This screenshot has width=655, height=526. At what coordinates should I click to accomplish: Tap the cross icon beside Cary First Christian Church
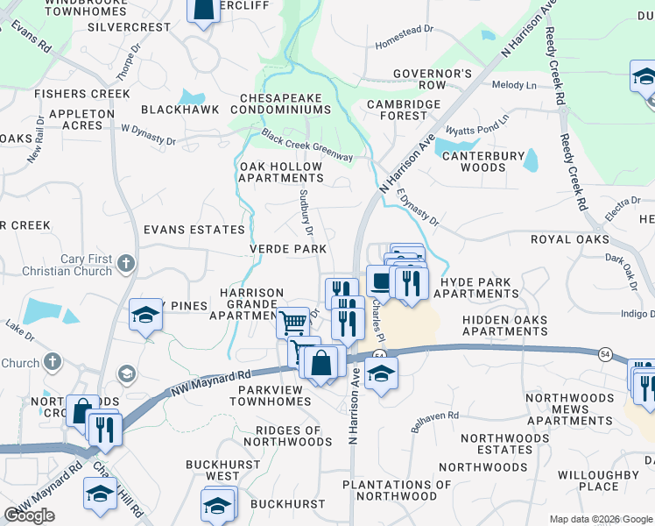click(x=127, y=262)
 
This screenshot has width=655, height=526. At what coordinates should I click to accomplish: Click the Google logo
click(x=29, y=515)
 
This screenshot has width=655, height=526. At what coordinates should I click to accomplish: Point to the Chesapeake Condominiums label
click(x=281, y=103)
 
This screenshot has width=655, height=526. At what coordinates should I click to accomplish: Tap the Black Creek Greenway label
click(x=306, y=146)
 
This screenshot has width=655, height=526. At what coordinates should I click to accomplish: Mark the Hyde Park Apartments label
click(x=478, y=288)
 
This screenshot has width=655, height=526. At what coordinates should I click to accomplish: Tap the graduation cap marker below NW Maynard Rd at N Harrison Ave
click(x=381, y=373)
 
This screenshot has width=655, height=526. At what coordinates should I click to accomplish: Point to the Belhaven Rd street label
click(x=435, y=420)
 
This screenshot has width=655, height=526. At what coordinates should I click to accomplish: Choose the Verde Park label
click(x=288, y=249)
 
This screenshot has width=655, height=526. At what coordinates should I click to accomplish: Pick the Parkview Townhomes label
click(x=271, y=394)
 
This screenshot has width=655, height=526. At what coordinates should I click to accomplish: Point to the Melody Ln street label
click(x=514, y=85)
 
